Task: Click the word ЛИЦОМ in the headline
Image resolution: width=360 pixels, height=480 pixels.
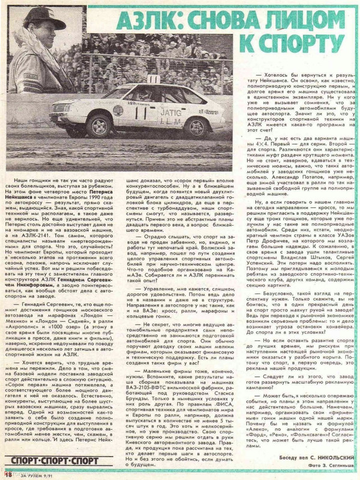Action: click(300, 24)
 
